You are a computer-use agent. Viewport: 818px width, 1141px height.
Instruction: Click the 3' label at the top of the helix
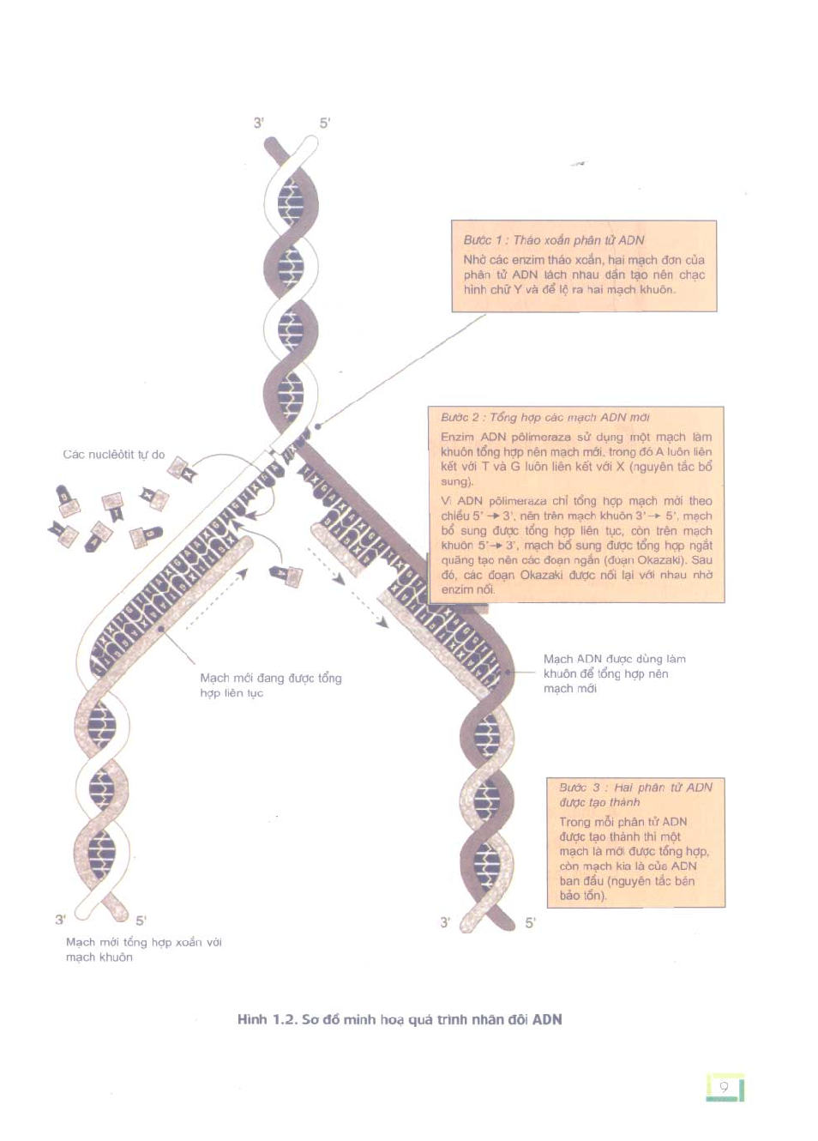point(258,123)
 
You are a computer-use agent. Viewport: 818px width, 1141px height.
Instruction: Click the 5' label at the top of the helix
point(325,123)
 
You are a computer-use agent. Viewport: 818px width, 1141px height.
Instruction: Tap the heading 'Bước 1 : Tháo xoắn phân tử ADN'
point(553,240)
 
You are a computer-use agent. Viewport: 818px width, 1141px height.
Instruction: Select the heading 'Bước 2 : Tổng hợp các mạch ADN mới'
point(544,418)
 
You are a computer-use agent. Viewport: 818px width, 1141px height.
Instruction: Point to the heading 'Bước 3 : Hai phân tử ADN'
point(635,788)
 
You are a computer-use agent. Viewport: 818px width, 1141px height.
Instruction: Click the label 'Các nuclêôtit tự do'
point(114,455)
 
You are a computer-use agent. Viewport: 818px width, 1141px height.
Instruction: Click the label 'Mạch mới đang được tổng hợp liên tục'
point(270,685)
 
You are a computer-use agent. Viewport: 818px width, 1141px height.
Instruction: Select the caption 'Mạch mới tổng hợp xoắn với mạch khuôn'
point(143,950)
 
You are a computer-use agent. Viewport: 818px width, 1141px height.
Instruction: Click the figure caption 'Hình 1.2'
point(400,1020)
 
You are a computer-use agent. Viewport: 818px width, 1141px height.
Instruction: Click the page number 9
point(724,1088)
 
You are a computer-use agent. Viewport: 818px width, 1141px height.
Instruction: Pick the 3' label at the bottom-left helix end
point(60,920)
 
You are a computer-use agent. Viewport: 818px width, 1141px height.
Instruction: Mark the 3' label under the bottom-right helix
point(444,923)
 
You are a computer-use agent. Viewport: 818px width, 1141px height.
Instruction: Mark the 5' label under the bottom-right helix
point(530,923)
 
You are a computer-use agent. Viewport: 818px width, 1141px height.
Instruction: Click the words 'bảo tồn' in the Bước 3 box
point(581,896)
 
